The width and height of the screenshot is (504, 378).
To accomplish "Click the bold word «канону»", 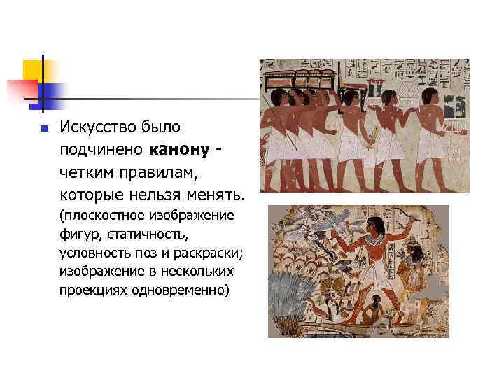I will tap(179, 149).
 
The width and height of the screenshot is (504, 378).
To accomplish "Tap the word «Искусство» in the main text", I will tap(95, 127).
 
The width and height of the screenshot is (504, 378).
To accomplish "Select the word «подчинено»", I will tap(102, 149).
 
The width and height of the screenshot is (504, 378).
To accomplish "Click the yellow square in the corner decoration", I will tap(33, 70).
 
